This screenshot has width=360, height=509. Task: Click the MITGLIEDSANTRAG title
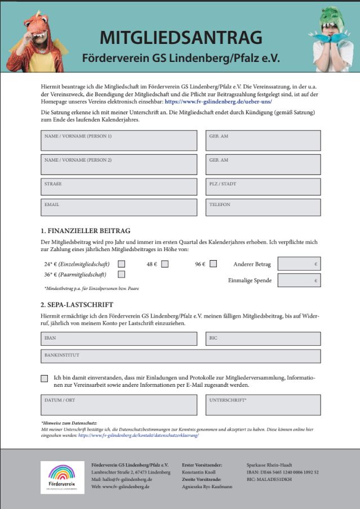point(181,38)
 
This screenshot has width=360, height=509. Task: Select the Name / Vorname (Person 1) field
point(119,141)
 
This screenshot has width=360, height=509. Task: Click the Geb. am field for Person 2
point(263,164)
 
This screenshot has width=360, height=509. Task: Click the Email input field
point(119,208)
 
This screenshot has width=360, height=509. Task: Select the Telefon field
point(263,208)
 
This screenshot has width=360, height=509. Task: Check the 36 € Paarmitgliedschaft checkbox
point(121,274)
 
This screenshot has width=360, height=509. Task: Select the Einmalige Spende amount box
point(299,280)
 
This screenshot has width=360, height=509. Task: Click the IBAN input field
point(119,338)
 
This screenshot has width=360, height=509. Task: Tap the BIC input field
point(263,338)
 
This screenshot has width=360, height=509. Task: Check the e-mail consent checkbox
point(45,378)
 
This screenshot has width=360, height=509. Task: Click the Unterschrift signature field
point(263,404)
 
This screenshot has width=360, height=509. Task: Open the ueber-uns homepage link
point(219,102)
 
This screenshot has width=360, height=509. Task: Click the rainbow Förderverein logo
point(63,477)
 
